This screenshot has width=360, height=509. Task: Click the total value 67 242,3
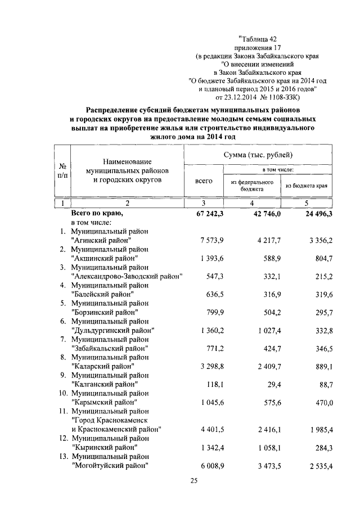tap(208, 214)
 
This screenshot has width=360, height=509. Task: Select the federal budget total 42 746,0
tap(259, 214)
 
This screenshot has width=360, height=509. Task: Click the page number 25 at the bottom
tap(194, 480)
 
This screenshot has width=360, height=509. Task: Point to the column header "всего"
tap(204, 181)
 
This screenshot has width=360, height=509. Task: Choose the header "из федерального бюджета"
tap(253, 186)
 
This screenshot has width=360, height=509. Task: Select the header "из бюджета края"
tap(307, 186)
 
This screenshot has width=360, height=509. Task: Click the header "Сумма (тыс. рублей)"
tap(259, 154)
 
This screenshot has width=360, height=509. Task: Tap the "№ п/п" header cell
tap(64, 171)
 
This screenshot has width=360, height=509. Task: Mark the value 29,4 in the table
tap(272, 385)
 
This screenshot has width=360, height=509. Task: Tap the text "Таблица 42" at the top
tap(258, 39)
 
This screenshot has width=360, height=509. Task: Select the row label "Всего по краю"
tap(97, 214)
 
